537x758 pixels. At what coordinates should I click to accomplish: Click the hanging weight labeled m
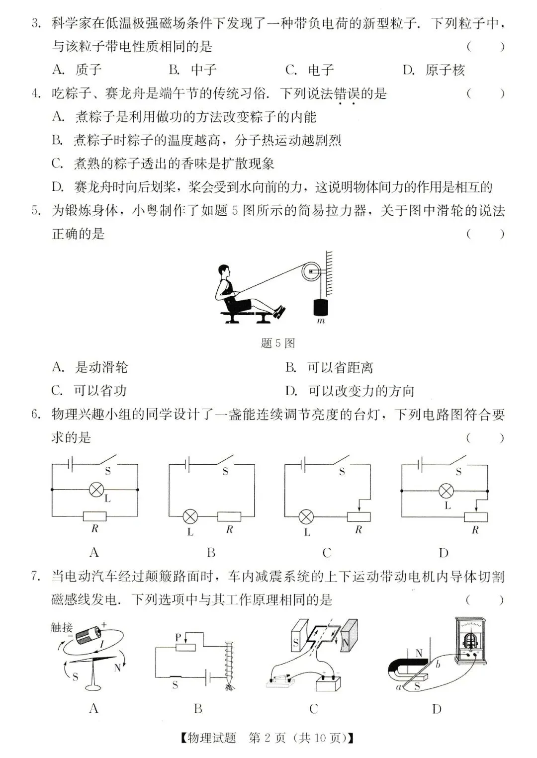(320, 307)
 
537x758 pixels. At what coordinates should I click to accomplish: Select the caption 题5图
(277, 343)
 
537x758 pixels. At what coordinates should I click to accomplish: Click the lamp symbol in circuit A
(96, 490)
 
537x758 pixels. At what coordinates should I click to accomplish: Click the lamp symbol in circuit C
(306, 517)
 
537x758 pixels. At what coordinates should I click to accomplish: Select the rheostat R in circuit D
(476, 516)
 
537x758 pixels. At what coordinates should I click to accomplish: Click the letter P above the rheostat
(178, 637)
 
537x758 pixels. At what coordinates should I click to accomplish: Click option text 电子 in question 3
(321, 70)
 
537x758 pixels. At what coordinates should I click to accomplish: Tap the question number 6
(35, 415)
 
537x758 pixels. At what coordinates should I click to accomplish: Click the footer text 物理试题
(211, 738)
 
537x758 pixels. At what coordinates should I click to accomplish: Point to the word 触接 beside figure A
(62, 627)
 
